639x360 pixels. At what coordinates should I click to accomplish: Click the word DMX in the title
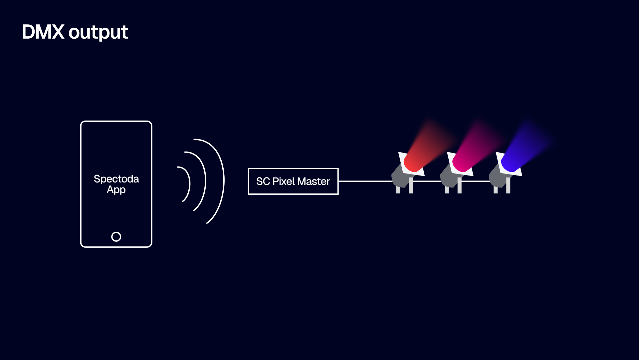pos(43,32)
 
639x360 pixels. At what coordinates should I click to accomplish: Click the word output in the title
pos(98,33)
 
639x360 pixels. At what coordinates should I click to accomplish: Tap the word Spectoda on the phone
pos(116,179)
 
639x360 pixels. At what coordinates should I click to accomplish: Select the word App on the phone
pos(116,190)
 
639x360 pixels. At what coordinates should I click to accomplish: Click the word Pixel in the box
pos(284,181)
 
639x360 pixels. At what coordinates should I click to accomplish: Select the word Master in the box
pos(314,181)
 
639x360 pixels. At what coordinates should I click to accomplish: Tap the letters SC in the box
pos(263,181)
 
